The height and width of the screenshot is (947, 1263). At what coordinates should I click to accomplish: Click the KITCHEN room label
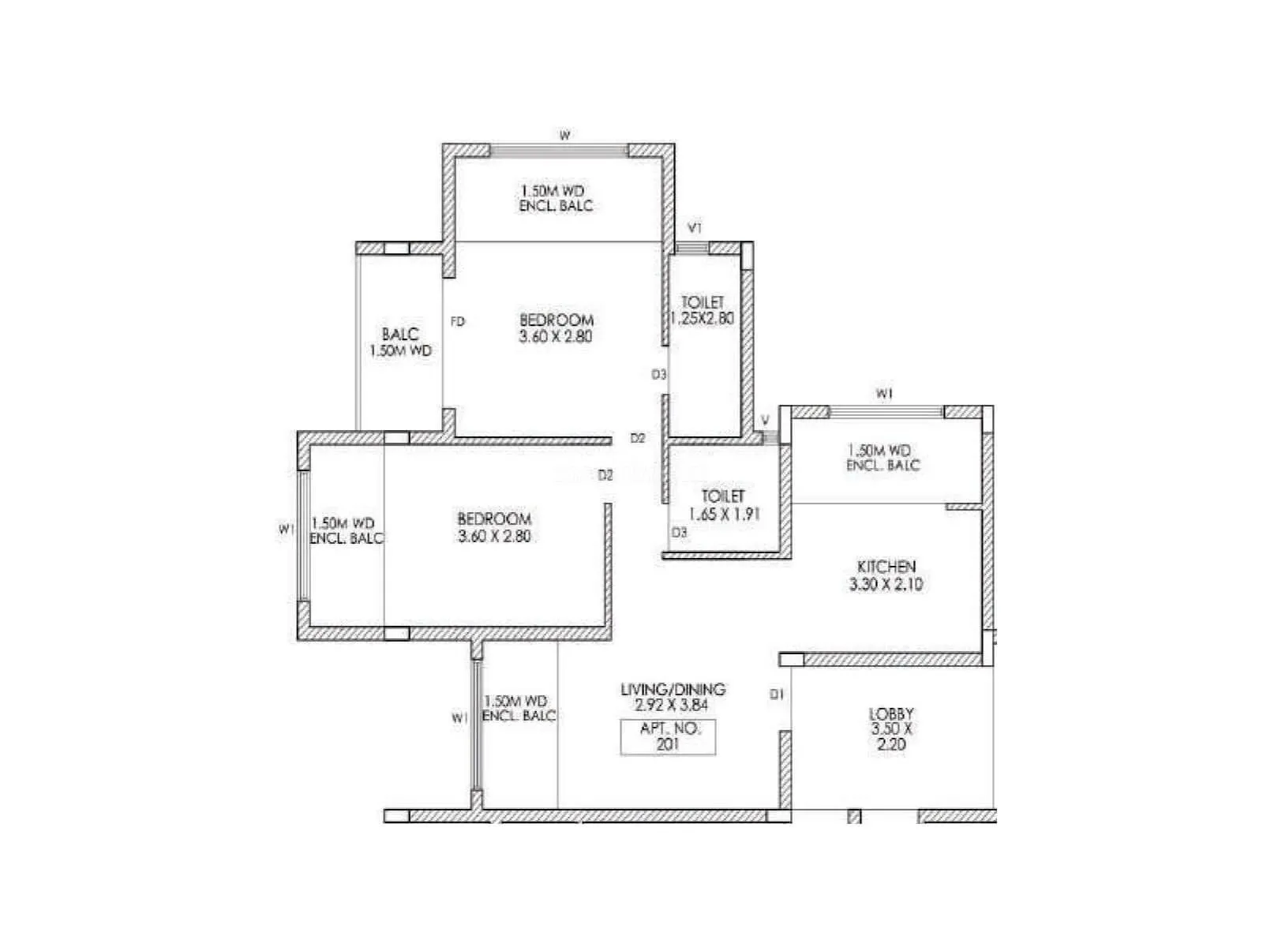(886, 567)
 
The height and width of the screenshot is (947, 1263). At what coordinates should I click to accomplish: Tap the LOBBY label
(891, 713)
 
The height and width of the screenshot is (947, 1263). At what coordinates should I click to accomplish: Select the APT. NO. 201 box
(668, 737)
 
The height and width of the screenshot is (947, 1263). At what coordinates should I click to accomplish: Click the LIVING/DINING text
(673, 689)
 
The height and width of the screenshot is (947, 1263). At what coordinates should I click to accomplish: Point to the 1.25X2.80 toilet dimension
(702, 319)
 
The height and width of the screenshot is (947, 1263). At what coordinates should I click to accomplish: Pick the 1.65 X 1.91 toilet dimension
(724, 514)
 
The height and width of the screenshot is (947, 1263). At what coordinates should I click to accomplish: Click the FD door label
(458, 321)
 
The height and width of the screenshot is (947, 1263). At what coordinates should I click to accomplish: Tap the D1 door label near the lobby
(777, 694)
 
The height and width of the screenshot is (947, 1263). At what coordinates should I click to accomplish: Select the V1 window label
(695, 228)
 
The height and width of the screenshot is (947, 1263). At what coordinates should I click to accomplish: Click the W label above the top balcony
(564, 136)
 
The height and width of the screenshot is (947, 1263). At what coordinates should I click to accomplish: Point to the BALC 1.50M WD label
(400, 342)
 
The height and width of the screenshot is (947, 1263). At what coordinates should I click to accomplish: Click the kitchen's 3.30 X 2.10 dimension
(886, 585)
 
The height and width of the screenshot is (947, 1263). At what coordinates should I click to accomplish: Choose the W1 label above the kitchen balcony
(884, 393)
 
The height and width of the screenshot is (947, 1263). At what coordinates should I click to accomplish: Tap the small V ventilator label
(765, 421)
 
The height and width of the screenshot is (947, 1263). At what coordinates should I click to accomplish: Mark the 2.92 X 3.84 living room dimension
(672, 706)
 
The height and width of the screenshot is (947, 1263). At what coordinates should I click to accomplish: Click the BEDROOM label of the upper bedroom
(557, 320)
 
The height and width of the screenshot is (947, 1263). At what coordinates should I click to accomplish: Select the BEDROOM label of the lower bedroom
(494, 518)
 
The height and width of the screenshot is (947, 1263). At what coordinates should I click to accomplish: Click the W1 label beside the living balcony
(460, 718)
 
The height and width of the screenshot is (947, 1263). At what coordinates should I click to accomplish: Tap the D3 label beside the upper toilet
(659, 374)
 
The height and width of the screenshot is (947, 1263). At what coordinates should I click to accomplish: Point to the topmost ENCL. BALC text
(556, 206)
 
